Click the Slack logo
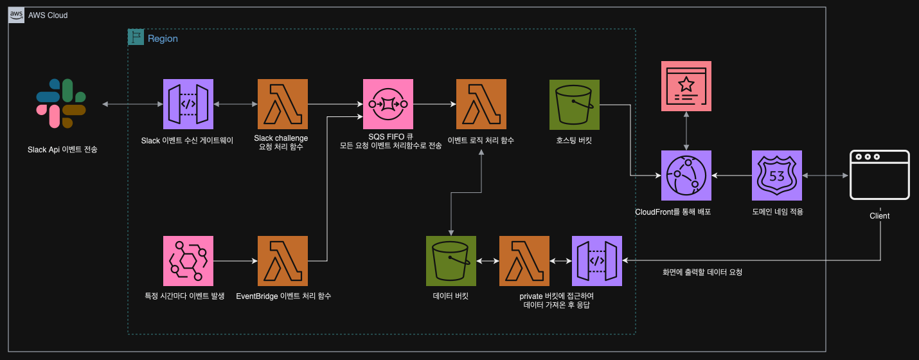tap(61, 104)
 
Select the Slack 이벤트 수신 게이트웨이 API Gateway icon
tap(188, 104)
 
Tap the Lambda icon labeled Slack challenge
tap(282, 104)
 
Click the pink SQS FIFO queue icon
tap(388, 104)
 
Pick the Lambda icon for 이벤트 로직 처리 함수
tap(481, 104)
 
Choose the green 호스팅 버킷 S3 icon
tap(575, 104)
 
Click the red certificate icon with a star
tap(686, 86)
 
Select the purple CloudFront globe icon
tap(686, 175)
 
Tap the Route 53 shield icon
tap(777, 175)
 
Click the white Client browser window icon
tap(879, 175)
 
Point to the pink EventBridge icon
tap(188, 260)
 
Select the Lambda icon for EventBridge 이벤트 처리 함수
tap(282, 260)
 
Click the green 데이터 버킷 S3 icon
tap(451, 260)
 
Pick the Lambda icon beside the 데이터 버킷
tap(524, 260)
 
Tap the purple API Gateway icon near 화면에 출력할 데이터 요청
tap(596, 260)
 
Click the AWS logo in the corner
tap(17, 15)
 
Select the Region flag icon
tap(136, 37)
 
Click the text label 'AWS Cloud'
tap(48, 15)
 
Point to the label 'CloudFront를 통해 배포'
tap(673, 212)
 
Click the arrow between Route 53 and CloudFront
tap(732, 175)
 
